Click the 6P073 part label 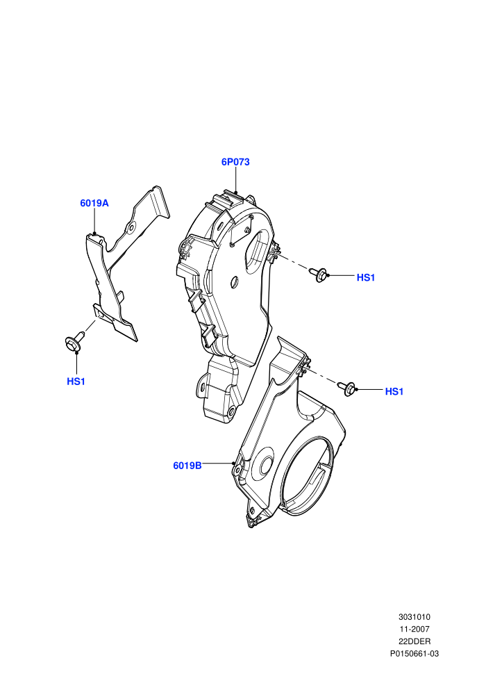(235, 162)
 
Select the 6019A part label (94, 203)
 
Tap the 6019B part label (187, 466)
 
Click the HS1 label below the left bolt (76, 382)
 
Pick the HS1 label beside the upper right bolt (366, 277)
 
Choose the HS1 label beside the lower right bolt (394, 391)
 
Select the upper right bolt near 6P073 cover (318, 275)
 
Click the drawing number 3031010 (414, 617)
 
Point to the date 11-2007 (414, 629)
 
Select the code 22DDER (414, 641)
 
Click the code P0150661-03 (414, 654)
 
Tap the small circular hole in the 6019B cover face (266, 467)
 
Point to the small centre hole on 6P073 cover (234, 282)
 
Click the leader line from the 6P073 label (236, 180)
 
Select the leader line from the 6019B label (218, 463)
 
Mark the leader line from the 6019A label (94, 222)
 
